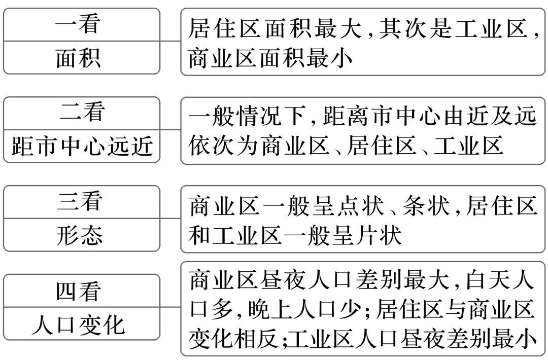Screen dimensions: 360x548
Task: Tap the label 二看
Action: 81,113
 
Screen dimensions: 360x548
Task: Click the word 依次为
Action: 226,146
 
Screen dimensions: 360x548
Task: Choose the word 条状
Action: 424,207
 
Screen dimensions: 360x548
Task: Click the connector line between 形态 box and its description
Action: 170,219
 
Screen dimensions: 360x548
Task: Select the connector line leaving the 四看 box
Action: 170,307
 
